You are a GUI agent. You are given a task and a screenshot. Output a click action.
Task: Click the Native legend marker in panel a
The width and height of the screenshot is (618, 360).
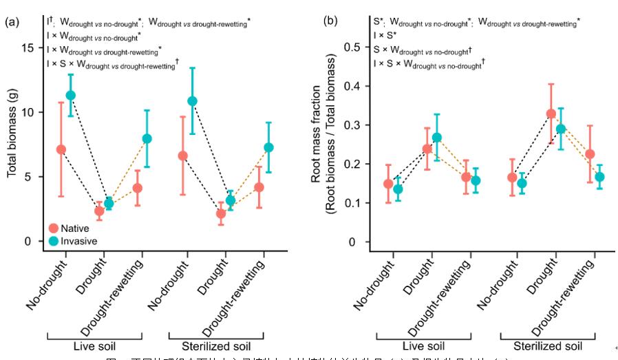click(x=54, y=228)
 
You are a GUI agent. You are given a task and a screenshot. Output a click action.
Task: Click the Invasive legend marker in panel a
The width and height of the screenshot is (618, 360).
click(x=54, y=241)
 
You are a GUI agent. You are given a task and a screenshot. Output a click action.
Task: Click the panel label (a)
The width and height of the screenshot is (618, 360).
click(x=12, y=21)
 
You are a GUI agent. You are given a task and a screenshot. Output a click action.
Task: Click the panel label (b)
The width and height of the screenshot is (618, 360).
click(x=330, y=21)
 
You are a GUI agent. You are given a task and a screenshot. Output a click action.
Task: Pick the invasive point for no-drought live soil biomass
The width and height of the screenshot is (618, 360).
click(x=70, y=96)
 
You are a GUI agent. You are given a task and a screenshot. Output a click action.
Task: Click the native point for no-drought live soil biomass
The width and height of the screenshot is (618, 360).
click(x=61, y=149)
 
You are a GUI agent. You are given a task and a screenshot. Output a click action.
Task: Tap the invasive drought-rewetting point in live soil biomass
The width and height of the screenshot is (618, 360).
click(x=147, y=138)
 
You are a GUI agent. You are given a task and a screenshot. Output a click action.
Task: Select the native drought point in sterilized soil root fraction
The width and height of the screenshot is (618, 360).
click(x=551, y=114)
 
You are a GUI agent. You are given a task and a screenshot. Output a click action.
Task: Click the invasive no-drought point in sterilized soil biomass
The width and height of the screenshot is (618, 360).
click(x=193, y=101)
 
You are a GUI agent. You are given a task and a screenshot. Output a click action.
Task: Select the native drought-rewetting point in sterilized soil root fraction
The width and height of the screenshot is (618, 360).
click(x=590, y=155)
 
